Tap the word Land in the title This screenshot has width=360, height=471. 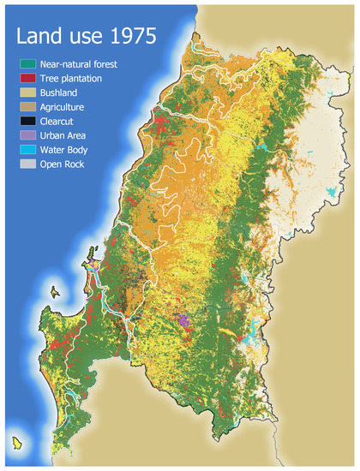point(37,38)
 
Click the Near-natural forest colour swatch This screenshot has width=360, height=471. point(28,63)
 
